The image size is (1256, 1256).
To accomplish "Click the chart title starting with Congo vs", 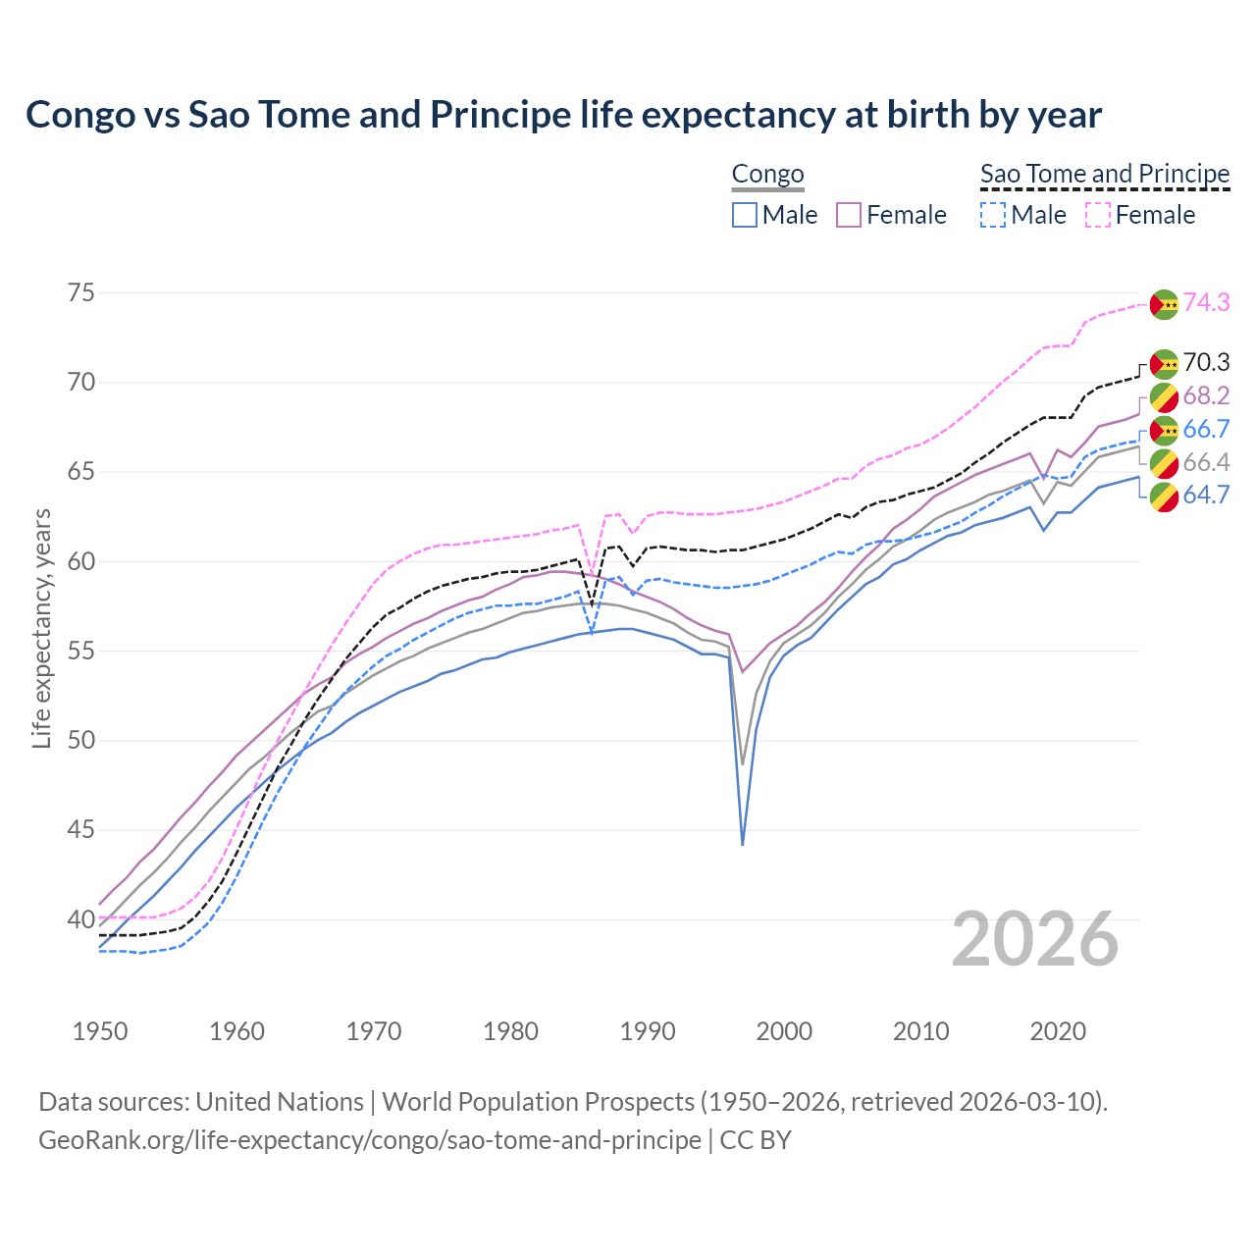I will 563,115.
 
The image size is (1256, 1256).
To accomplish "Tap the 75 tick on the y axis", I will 81,293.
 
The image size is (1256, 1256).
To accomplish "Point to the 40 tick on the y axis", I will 81,919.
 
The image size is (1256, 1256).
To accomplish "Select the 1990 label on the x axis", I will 648,1031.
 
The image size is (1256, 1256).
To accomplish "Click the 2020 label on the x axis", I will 1058,1031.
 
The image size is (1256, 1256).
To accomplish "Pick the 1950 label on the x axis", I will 100,1031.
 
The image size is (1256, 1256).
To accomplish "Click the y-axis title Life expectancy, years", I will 41,628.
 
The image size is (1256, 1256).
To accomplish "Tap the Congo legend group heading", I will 767,174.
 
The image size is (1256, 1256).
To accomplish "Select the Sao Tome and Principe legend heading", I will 1105,174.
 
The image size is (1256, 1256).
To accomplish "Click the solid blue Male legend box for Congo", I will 745,215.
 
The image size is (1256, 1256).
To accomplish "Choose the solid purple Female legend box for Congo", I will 849,215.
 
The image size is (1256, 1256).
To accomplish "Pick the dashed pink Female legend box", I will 1098,215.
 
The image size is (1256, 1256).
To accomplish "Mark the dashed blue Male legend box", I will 993,215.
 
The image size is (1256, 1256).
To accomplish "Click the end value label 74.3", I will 1206,302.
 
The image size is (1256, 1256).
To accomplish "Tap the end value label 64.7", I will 1206,495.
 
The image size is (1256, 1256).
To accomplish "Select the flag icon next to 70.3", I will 1164,364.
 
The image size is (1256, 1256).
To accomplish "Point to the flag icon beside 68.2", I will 1164,397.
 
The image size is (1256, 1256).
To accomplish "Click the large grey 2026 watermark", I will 1035,939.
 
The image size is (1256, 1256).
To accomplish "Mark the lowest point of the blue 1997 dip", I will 743,844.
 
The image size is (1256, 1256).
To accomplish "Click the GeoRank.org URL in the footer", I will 370,1140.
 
